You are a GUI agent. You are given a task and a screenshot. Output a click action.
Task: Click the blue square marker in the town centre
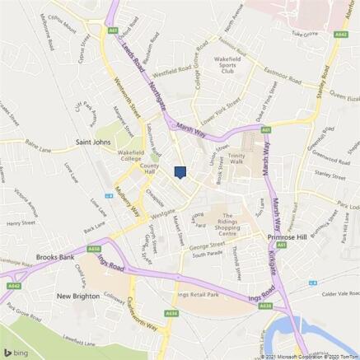tap(180, 171)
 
